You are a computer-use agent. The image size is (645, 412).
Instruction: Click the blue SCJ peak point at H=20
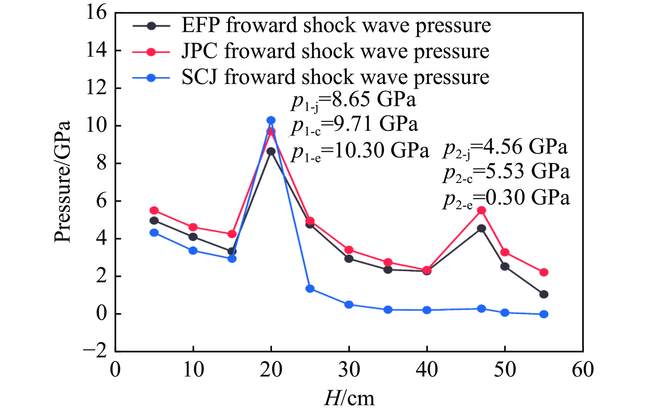point(271,120)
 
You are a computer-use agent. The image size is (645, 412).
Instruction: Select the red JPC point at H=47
point(482,210)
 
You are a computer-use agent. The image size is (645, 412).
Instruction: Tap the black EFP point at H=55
point(544,294)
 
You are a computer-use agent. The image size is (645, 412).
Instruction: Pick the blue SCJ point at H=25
point(310,289)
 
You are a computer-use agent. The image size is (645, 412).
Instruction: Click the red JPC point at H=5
point(154,210)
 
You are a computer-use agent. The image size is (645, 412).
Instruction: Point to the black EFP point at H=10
point(193,237)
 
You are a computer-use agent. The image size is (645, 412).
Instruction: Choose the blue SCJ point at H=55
point(544,314)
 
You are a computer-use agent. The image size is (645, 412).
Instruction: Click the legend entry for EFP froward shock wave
point(336,25)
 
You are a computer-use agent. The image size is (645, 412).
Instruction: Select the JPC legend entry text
point(335,51)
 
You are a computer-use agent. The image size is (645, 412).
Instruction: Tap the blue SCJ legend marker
point(151,78)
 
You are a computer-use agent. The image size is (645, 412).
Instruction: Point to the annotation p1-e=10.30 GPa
point(360,151)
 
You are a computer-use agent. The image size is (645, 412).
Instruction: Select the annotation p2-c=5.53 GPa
point(506,172)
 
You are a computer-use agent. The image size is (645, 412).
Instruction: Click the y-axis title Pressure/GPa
point(63,182)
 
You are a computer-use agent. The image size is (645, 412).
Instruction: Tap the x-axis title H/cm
point(349,398)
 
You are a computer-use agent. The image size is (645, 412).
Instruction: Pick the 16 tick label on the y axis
point(97,13)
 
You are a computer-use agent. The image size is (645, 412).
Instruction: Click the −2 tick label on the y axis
point(95,351)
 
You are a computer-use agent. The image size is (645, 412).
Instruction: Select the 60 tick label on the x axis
point(583,370)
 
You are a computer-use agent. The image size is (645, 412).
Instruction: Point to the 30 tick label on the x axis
point(349,370)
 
